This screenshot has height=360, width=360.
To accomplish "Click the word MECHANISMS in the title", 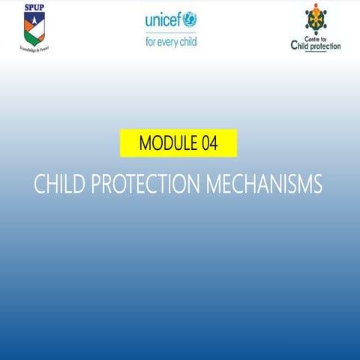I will tap(262, 184).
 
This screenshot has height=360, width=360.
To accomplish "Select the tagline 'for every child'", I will tap(171, 41).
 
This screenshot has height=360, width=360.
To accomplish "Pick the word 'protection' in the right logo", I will tap(325, 46).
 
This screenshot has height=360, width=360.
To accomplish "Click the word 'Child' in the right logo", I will tap(299, 45).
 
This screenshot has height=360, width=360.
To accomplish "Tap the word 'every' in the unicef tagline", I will tap(169, 41).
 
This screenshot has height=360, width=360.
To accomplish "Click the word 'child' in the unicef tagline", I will tap(187, 41).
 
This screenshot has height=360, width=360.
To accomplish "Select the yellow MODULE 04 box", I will tap(178, 143).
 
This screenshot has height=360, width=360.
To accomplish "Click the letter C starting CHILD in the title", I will tap(40, 184).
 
